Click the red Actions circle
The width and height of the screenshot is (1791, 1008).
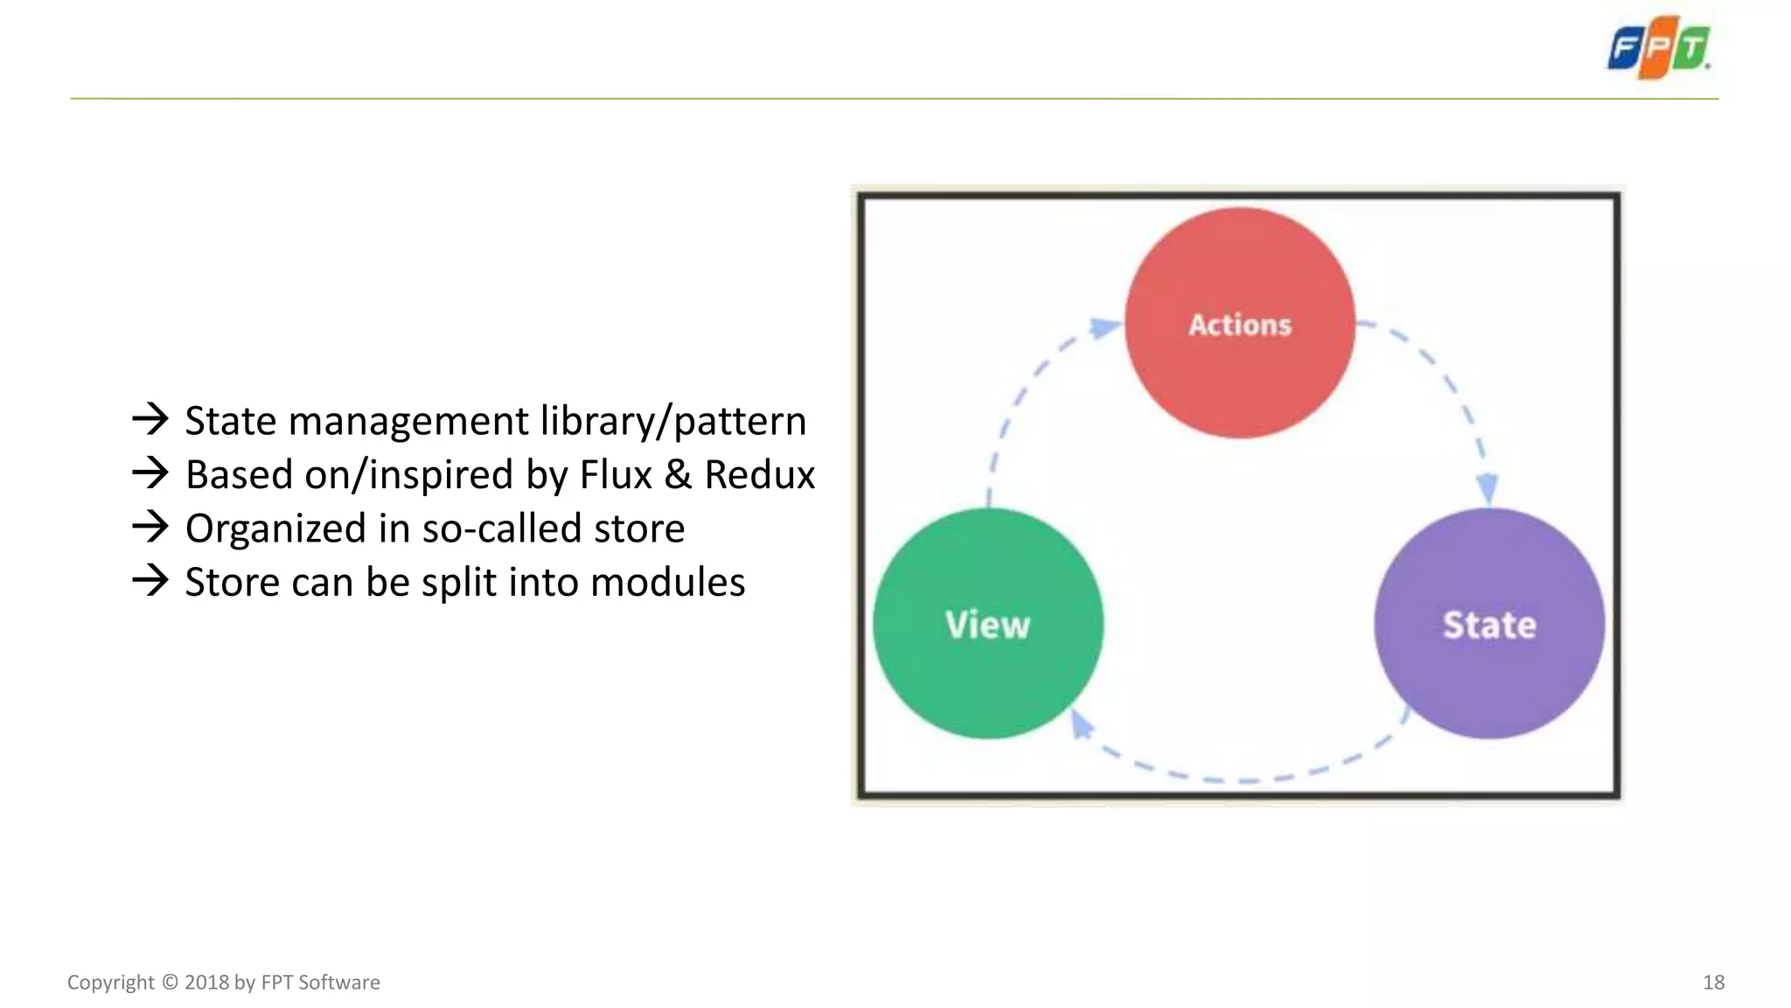coord(1239,323)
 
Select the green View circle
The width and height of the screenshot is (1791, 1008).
coord(988,623)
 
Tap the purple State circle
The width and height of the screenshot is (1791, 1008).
coord(1488,623)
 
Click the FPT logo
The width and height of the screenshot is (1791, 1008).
coord(1659,48)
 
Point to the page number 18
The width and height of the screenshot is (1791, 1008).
coord(1713,983)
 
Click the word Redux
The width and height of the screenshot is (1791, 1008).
coord(759,475)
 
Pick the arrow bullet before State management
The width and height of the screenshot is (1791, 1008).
coord(150,419)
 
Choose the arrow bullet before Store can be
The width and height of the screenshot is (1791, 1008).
coord(150,580)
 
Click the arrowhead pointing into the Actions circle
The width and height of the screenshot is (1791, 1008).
coord(1105,328)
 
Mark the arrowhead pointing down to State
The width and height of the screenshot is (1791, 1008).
coord(1488,488)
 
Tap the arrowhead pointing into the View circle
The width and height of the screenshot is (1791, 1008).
coord(1082,724)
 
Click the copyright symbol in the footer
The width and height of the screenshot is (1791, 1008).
coord(170,983)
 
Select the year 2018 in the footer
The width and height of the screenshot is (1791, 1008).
coord(206,983)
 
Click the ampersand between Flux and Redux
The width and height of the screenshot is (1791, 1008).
coord(678,475)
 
